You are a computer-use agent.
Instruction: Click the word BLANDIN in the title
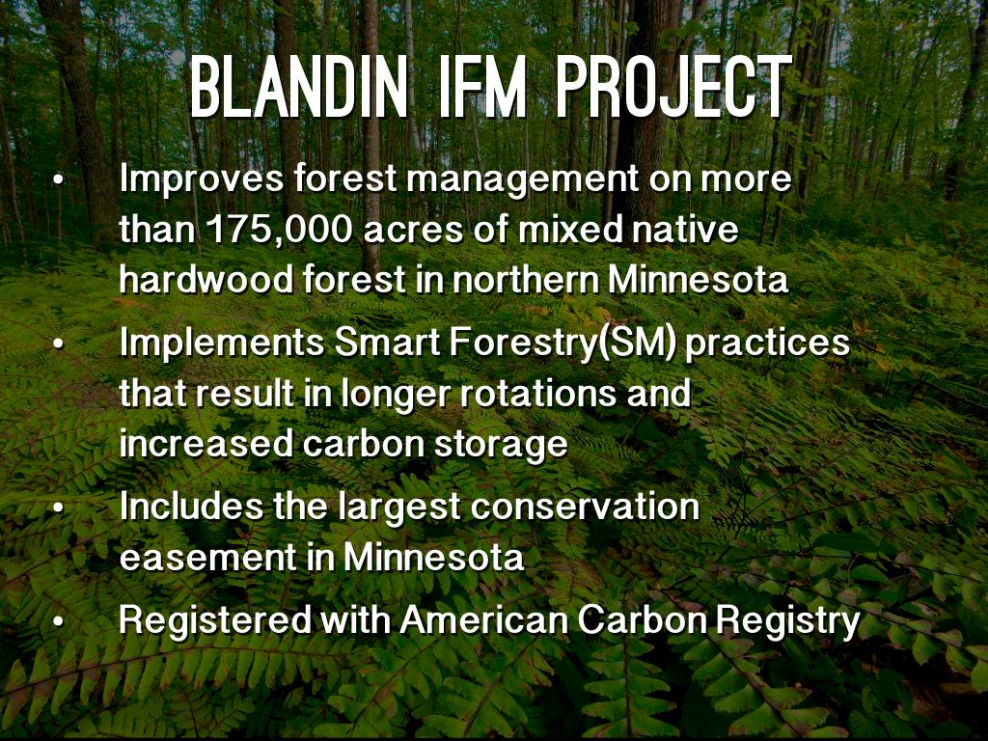point(299,88)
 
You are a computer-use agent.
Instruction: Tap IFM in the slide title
point(482,88)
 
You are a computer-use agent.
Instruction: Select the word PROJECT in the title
point(673,88)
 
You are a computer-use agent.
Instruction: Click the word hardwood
point(206,279)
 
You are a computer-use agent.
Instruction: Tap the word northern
point(526,279)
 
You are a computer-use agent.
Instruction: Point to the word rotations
point(538,394)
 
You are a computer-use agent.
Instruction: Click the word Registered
point(215,621)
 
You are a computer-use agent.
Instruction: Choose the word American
point(484,620)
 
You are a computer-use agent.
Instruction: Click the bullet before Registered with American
point(59,622)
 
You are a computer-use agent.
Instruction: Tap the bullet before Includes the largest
point(59,508)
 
